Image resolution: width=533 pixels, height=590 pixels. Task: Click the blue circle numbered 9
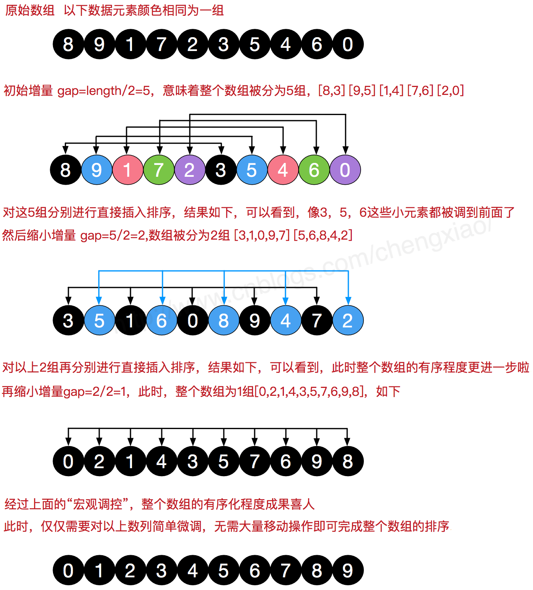(96, 170)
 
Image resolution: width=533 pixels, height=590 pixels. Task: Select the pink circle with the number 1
(127, 170)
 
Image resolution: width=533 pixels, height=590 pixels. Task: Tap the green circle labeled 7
(159, 170)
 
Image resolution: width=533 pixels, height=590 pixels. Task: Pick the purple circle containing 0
(345, 170)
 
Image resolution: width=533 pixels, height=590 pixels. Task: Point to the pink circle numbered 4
(283, 170)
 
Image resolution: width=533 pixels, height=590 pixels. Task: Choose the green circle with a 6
(314, 170)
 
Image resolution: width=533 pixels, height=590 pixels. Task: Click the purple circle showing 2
(190, 170)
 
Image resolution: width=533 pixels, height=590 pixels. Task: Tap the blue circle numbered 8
(223, 320)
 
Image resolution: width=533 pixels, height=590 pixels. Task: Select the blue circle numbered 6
(161, 320)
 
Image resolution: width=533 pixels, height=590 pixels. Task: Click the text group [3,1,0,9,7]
(262, 236)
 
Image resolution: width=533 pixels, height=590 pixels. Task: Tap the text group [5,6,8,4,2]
(323, 236)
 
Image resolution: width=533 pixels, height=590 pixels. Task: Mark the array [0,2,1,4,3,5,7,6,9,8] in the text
(309, 391)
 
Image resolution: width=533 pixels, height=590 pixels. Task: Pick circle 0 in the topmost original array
(348, 44)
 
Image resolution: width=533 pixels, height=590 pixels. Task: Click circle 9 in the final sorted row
(348, 571)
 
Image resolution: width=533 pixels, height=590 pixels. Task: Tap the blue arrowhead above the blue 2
(348, 301)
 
